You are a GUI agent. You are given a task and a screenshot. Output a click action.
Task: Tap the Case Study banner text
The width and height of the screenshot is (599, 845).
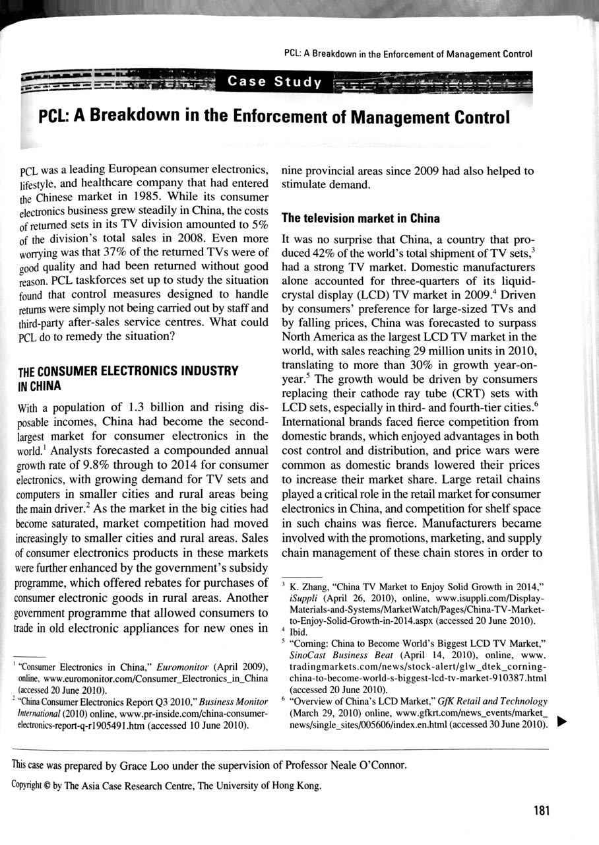tap(274, 82)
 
